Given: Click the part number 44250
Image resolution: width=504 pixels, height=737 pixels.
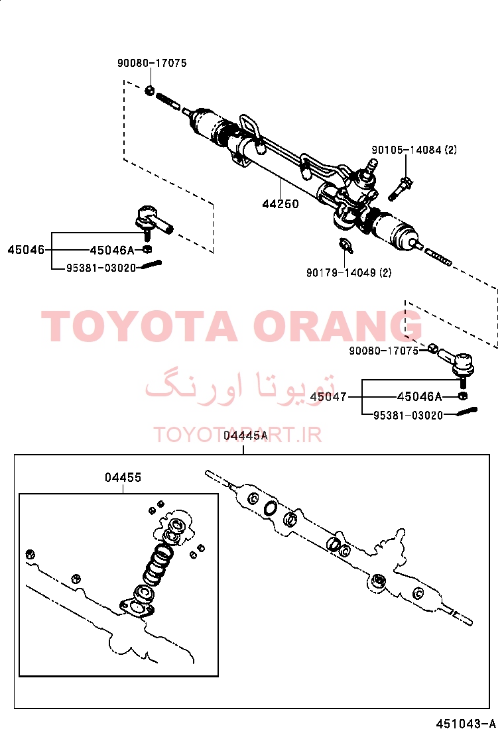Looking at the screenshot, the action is click(x=281, y=204).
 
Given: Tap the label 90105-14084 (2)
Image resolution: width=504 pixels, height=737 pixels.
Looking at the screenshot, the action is click(x=414, y=150).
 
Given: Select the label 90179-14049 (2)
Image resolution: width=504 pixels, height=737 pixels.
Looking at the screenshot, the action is click(x=349, y=272).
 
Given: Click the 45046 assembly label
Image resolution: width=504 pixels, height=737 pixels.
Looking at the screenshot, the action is click(x=26, y=250).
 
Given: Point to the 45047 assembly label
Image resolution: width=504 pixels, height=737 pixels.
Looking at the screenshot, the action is click(x=329, y=397).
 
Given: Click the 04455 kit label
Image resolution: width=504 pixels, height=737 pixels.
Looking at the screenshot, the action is click(x=123, y=478).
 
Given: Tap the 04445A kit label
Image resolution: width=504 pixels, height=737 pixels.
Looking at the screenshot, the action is click(x=245, y=435).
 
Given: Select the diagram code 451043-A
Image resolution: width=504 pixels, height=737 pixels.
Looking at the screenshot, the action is click(x=466, y=724).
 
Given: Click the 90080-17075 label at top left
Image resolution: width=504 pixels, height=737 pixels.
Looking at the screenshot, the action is click(x=152, y=63).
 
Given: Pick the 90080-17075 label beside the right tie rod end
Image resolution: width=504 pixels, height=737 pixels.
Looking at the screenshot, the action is click(x=384, y=351).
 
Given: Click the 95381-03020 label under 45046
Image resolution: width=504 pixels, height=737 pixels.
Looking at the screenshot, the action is click(x=101, y=268).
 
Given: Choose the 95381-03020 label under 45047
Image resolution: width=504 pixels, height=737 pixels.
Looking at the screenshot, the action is click(x=408, y=416).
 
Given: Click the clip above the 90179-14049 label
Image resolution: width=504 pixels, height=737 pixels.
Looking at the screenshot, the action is click(x=346, y=245).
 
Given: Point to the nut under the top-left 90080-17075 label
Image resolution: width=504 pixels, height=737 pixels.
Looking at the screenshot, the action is click(x=150, y=89).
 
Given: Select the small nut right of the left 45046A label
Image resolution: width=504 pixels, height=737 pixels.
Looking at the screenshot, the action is click(x=146, y=249).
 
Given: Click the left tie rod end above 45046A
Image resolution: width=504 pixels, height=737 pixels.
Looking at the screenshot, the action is click(x=154, y=221).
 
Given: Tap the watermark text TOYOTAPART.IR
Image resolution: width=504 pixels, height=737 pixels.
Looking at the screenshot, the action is click(x=238, y=435).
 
